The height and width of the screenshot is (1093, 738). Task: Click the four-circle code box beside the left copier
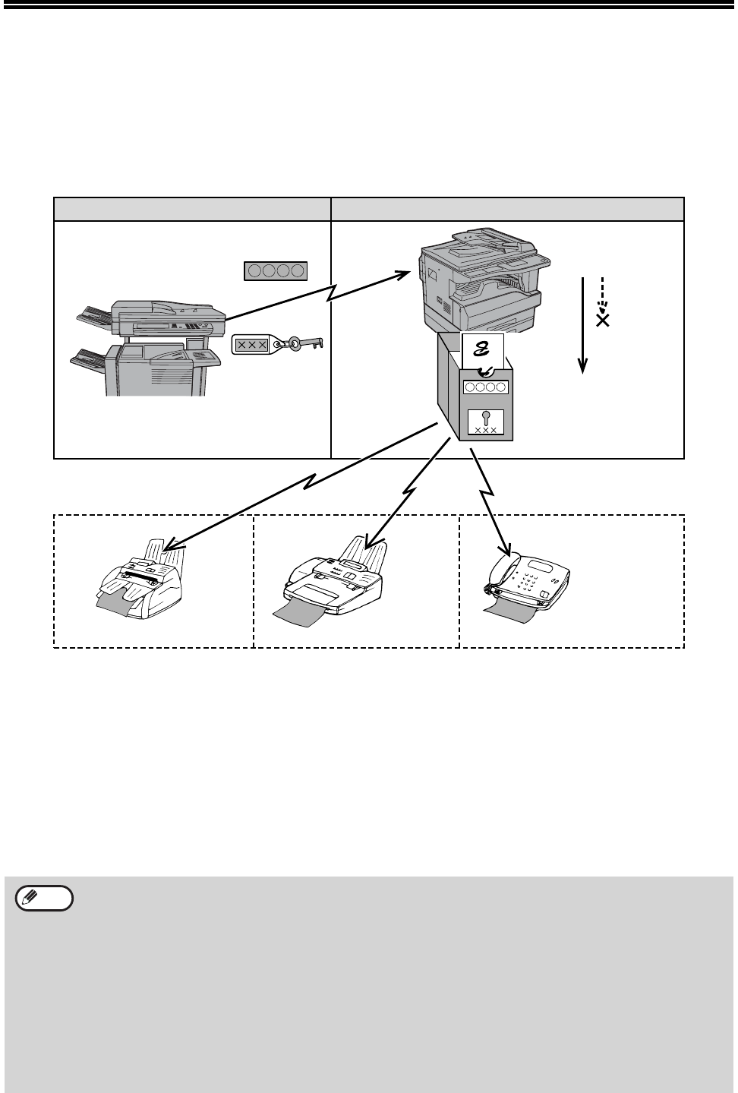click(276, 270)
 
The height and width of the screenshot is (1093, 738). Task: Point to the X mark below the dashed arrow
click(603, 321)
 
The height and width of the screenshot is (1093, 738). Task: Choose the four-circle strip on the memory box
click(484, 387)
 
